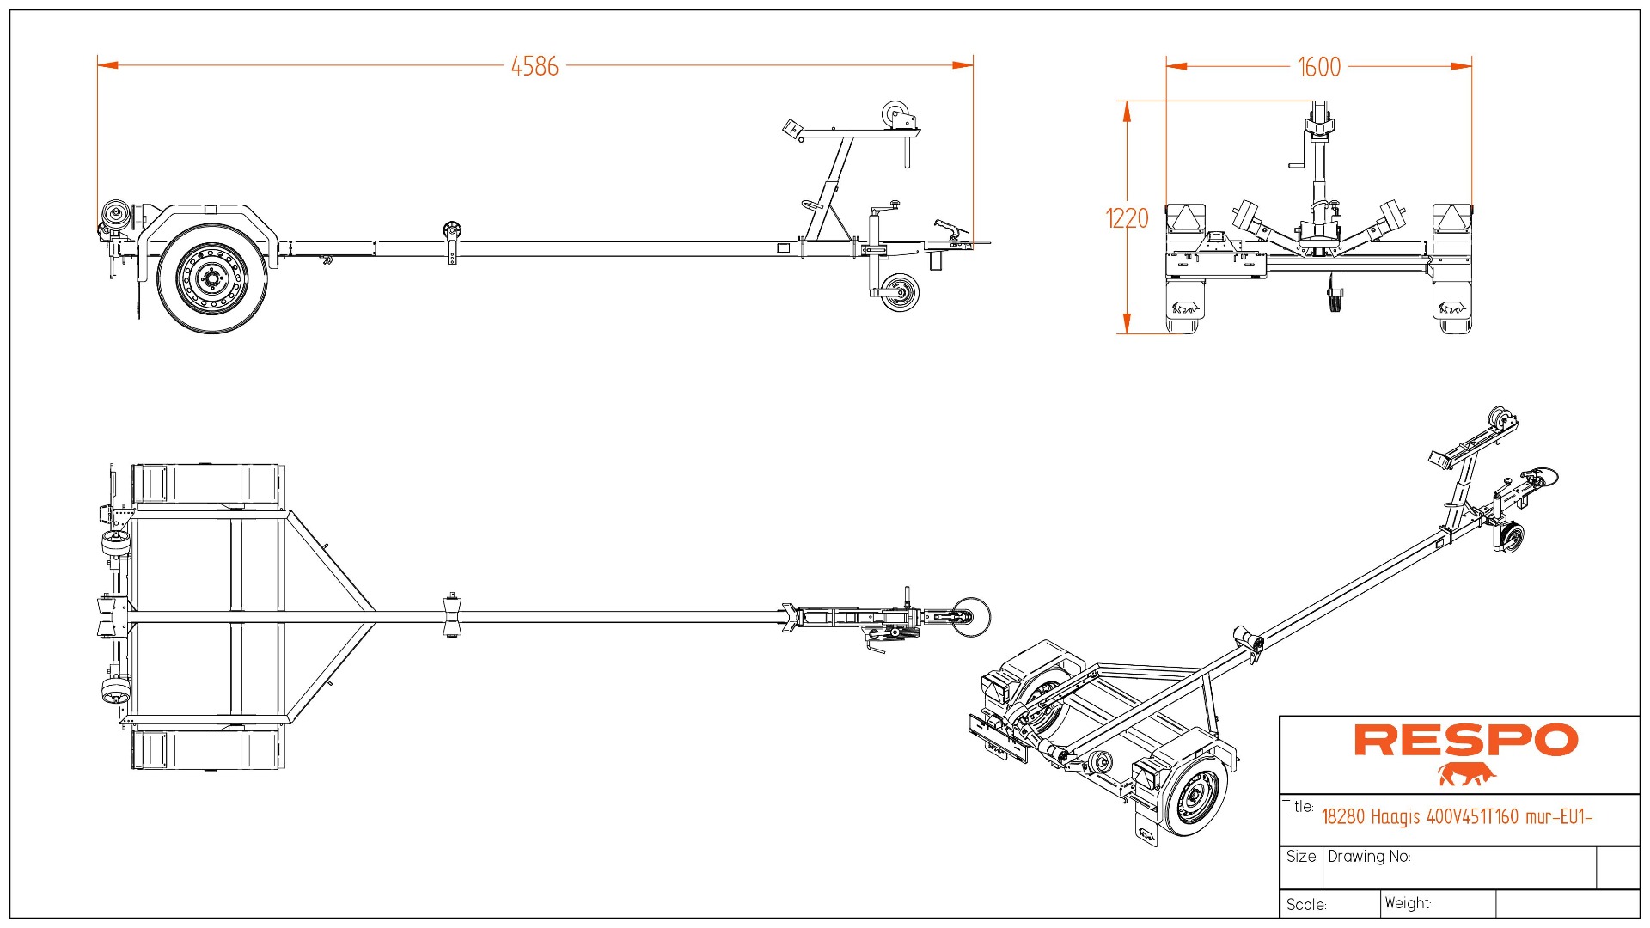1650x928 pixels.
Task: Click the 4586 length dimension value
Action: point(535,66)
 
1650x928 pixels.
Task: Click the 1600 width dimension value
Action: point(1318,67)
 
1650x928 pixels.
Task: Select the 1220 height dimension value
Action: point(1127,218)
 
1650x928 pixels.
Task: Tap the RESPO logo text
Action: point(1465,741)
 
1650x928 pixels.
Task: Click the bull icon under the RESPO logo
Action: point(1466,774)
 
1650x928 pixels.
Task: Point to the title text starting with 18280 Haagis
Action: point(1457,816)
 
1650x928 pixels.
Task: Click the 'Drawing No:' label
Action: point(1369,857)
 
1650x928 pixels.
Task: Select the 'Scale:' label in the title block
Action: point(1306,905)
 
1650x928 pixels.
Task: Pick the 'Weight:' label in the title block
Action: point(1408,903)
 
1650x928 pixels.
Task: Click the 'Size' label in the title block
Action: point(1301,857)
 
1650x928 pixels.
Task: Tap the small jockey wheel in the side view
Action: point(900,293)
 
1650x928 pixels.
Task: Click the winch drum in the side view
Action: point(896,114)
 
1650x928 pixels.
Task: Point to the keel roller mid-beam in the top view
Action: point(451,615)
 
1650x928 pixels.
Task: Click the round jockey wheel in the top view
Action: point(972,615)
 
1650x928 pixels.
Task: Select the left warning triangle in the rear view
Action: point(1186,217)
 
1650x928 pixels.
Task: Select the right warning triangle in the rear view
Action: point(1452,217)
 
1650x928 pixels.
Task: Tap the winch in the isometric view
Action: point(1500,420)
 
